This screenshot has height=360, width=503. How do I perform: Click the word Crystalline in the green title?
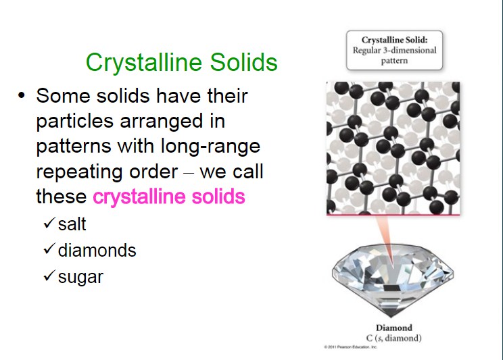point(144,63)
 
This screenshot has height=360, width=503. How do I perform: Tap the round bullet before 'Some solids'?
point(22,95)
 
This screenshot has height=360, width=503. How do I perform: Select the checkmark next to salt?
point(49,222)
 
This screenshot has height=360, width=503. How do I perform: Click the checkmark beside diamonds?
point(49,249)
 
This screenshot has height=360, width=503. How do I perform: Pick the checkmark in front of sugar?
point(49,276)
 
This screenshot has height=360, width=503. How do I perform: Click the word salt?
point(72,224)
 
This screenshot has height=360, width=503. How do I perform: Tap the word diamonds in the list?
point(97,250)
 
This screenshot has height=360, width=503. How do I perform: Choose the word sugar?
point(80,278)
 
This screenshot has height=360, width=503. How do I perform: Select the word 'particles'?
point(75,122)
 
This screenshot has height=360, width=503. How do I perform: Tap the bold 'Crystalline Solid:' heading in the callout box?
point(395,40)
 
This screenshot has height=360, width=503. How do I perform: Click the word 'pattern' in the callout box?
point(394,61)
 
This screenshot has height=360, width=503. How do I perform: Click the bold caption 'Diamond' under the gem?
point(394,328)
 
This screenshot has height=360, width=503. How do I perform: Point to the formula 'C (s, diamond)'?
point(393,338)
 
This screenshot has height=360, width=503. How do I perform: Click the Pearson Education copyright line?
point(351,347)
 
